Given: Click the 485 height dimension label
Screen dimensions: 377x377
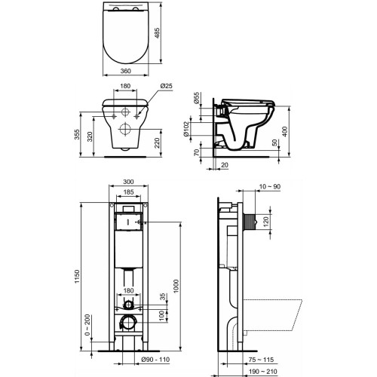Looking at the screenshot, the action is pyautogui.click(x=157, y=32).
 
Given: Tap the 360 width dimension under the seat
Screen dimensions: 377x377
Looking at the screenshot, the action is pyautogui.click(x=126, y=71).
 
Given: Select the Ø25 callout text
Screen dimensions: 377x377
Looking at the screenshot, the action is pyautogui.click(x=167, y=86).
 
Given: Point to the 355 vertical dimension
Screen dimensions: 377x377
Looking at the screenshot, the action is pyautogui.click(x=77, y=134).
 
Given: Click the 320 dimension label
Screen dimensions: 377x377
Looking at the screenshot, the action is pyautogui.click(x=90, y=136).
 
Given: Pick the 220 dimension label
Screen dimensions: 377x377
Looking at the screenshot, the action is pyautogui.click(x=157, y=143).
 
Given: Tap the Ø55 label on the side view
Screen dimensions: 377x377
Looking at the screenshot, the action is pyautogui.click(x=196, y=98).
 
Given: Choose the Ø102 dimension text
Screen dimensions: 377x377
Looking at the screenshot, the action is pyautogui.click(x=186, y=129).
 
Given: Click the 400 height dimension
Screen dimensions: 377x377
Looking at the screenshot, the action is pyautogui.click(x=285, y=131).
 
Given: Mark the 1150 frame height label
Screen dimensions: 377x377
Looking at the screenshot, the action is pyautogui.click(x=77, y=277).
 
